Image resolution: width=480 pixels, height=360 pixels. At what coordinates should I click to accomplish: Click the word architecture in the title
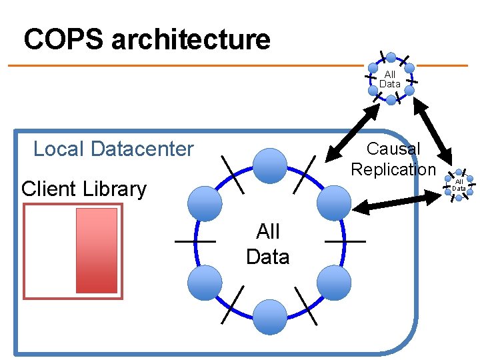click(191, 40)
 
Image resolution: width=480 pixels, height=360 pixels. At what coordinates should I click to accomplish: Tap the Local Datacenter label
click(113, 149)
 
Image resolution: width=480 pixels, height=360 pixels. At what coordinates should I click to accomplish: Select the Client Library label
click(84, 189)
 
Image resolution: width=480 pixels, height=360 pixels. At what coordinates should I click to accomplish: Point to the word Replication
click(393, 169)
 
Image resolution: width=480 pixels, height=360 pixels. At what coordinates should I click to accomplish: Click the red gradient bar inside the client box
click(97, 251)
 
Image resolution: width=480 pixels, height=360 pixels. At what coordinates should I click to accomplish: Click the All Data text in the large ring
click(267, 244)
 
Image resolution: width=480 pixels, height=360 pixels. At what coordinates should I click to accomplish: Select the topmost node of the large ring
click(270, 165)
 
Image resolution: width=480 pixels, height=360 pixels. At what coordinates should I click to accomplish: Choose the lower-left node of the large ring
click(204, 283)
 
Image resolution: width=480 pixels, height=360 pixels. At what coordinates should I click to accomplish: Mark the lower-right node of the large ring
click(333, 283)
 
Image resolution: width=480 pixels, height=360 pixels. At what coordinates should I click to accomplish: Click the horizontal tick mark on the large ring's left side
click(195, 241)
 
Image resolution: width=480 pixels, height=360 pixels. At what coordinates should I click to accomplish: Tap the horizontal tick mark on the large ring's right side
click(345, 241)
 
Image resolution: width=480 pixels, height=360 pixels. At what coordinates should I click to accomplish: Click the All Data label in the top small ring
click(390, 79)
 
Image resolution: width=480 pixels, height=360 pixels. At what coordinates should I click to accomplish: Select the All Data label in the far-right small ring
click(459, 185)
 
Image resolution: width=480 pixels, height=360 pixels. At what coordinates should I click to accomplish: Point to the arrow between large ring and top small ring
click(351, 135)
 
